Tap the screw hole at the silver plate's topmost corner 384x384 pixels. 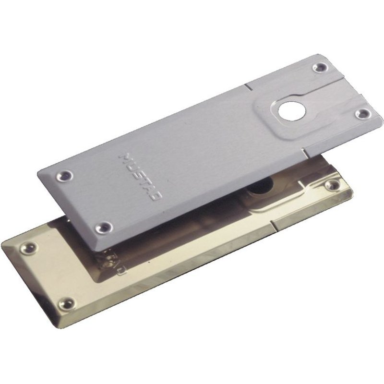[x=318, y=68]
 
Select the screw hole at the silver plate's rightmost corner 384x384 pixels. [x=364, y=113]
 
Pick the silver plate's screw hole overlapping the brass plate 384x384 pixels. [x=103, y=226]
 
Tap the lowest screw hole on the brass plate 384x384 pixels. [x=66, y=303]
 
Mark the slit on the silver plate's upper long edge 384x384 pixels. [x=246, y=87]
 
